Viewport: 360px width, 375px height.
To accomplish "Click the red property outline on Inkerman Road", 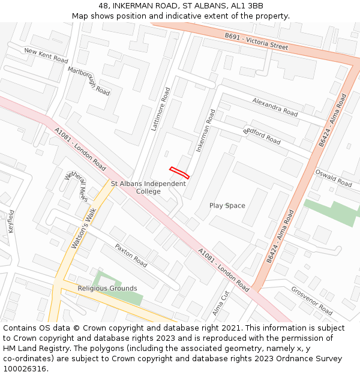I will pos(179,173).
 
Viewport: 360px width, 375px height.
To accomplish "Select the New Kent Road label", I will pos(46,55).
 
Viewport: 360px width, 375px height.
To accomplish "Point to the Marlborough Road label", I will pos(89,81).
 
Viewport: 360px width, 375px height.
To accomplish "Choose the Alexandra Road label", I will pos(275,107).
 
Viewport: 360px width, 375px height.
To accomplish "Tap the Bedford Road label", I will pos(262,136).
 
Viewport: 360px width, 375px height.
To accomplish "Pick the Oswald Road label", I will pos(334,178).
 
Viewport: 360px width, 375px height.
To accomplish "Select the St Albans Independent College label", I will pos(148,187).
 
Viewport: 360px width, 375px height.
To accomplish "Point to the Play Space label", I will pos(227,206).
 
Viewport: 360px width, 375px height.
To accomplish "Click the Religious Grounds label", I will pos(107,289).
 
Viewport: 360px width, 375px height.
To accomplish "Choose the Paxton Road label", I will pos(131,256).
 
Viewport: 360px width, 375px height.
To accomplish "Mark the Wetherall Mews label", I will pos(76,186).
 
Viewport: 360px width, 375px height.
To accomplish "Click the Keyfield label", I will pos(10,221).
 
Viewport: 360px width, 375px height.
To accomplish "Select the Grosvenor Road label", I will pos(312,301).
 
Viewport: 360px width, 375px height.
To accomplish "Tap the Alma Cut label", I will pos(221,304).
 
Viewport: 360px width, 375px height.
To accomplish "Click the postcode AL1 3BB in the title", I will pos(247,6).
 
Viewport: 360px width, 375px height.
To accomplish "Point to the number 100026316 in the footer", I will pos(26,368).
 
